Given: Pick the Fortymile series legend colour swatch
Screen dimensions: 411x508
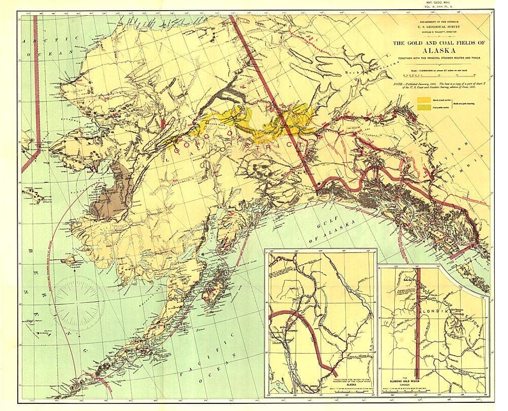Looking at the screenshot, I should (x=422, y=108).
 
